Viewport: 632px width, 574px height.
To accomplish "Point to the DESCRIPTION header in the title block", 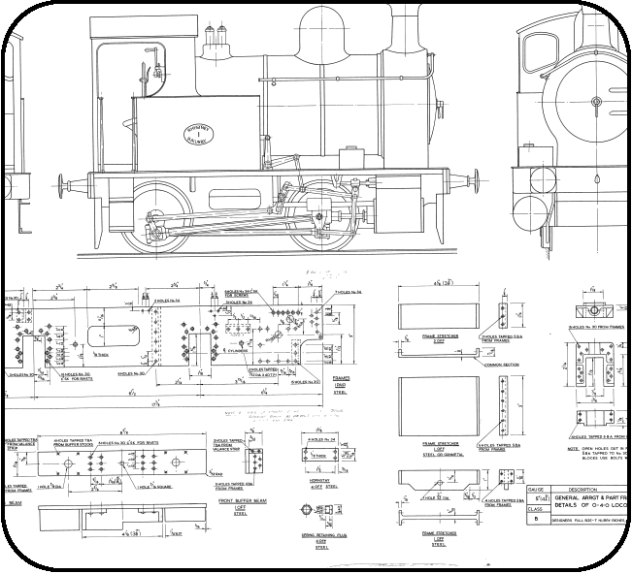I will coord(591,490).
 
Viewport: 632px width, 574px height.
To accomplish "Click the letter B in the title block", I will coord(536,520).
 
